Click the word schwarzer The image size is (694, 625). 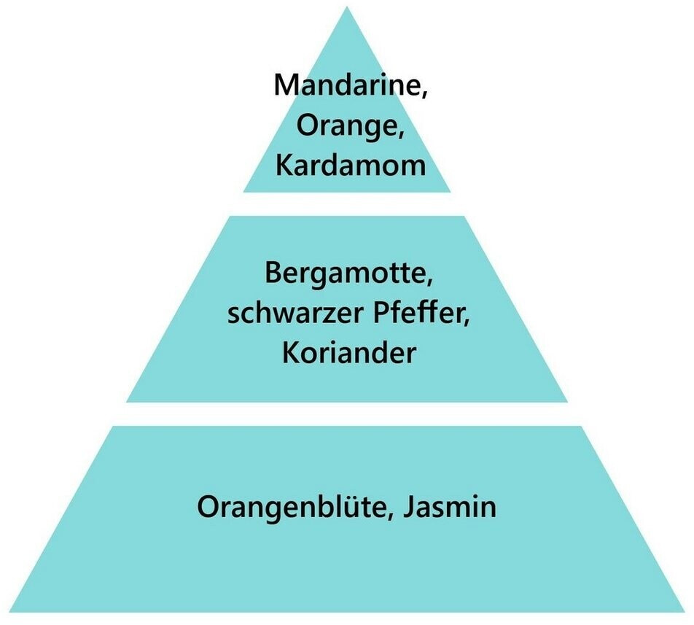(280, 315)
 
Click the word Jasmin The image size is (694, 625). (451, 505)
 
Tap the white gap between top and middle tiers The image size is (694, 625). (347, 203)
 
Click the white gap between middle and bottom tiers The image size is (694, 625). (347, 414)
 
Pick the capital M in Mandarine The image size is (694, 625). (286, 85)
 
